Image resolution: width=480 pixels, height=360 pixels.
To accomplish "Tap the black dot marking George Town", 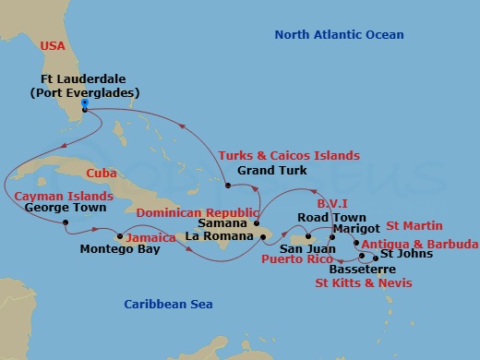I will tap(66, 222).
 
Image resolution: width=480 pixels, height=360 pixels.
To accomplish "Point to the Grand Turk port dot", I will tap(227, 186).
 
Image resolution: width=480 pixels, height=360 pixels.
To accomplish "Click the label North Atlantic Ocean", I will tap(340, 35).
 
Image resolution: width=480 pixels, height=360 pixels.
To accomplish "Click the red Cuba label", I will tap(102, 173).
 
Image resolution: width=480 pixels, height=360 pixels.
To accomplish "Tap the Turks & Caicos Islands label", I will tap(289, 156).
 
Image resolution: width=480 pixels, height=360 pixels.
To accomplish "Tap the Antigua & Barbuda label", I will tap(420, 244).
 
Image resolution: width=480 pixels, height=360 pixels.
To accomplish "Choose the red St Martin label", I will tap(414, 225).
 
